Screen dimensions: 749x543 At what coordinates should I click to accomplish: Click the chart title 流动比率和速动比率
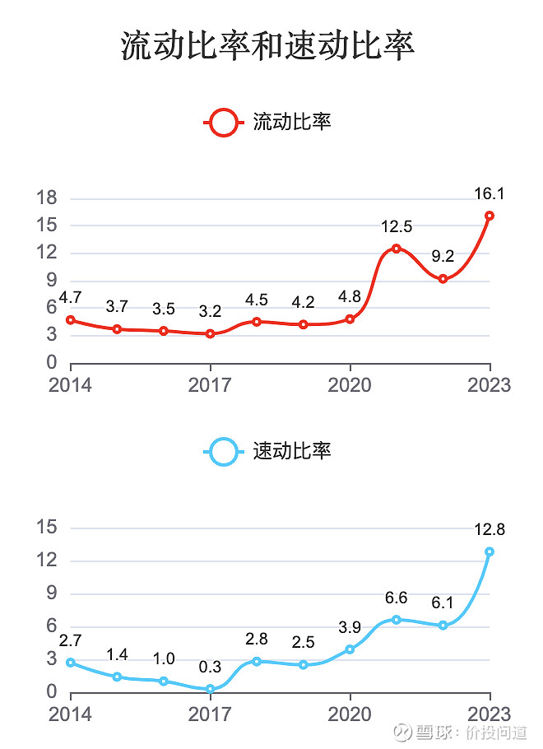[x=268, y=47]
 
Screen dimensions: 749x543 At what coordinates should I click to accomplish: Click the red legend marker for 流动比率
[x=223, y=123]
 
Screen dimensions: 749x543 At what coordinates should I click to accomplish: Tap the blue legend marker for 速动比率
[x=223, y=451]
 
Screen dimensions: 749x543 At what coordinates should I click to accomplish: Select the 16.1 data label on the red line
[x=490, y=194]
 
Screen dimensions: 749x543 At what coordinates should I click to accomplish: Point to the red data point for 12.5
[x=396, y=249]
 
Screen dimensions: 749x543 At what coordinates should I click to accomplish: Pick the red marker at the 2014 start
[x=71, y=320]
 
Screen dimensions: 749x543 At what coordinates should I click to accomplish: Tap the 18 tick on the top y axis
[x=47, y=198]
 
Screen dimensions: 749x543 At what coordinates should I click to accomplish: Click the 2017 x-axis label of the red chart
[x=211, y=385]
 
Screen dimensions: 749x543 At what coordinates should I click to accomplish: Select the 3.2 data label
[x=210, y=312]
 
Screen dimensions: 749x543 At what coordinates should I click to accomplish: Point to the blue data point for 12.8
[x=490, y=551]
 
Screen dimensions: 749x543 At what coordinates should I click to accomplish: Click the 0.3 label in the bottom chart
[x=210, y=667]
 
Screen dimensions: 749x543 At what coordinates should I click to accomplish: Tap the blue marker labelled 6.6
[x=396, y=620]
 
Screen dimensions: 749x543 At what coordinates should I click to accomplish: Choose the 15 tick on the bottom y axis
[x=47, y=528]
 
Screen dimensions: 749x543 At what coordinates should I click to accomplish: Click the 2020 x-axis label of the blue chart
[x=350, y=714]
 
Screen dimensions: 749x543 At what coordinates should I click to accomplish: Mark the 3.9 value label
[x=350, y=627]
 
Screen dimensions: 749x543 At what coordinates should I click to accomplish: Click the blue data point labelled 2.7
[x=71, y=663]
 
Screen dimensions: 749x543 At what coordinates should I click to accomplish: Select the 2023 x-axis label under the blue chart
[x=490, y=714]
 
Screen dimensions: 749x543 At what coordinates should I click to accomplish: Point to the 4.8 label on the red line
[x=350, y=297]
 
